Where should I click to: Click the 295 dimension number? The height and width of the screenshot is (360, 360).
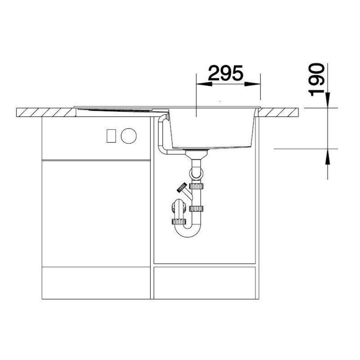(x=225, y=73)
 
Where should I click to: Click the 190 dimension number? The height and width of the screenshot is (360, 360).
(x=317, y=80)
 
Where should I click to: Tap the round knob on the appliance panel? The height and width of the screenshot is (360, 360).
(x=129, y=136)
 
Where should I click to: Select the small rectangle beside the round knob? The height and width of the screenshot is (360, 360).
(x=111, y=136)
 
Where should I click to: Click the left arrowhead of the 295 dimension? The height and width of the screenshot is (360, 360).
(x=204, y=84)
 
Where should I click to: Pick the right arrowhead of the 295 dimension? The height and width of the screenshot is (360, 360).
(x=252, y=84)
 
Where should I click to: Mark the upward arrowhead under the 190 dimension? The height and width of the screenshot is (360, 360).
(x=328, y=156)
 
